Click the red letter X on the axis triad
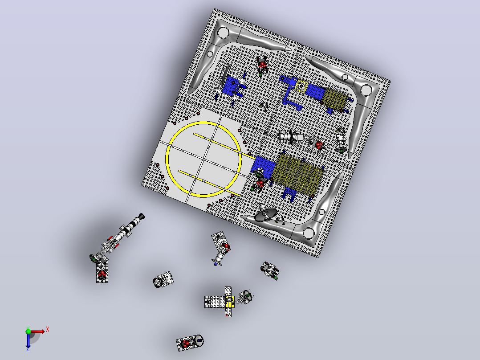[48, 330]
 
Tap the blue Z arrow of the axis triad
[28, 340]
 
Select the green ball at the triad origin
[28, 331]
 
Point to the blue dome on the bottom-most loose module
[199, 340]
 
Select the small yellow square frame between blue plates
[301, 86]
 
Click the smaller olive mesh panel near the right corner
[336, 98]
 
